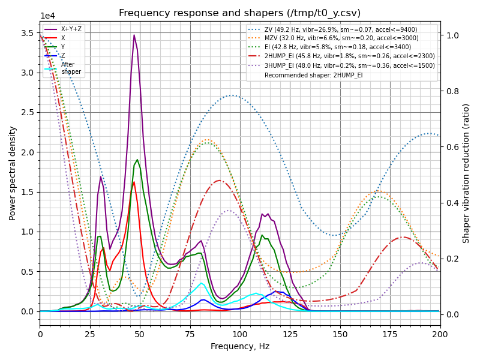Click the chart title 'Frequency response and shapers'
tap(240, 13)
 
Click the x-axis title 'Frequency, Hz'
tap(240, 346)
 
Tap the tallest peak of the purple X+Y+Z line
tap(134, 35)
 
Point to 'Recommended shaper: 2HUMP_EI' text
tap(313, 75)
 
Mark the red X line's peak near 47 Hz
tap(134, 182)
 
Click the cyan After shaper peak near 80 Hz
tap(201, 283)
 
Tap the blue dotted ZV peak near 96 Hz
tap(232, 95)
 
